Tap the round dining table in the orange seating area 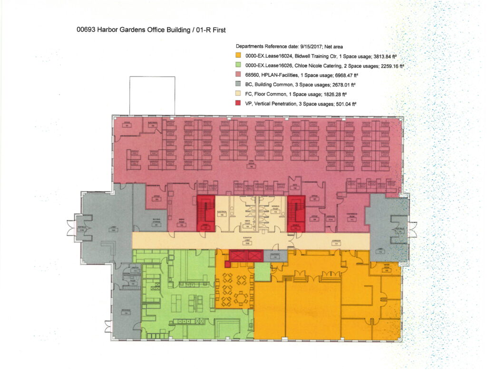coord(243,299)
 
